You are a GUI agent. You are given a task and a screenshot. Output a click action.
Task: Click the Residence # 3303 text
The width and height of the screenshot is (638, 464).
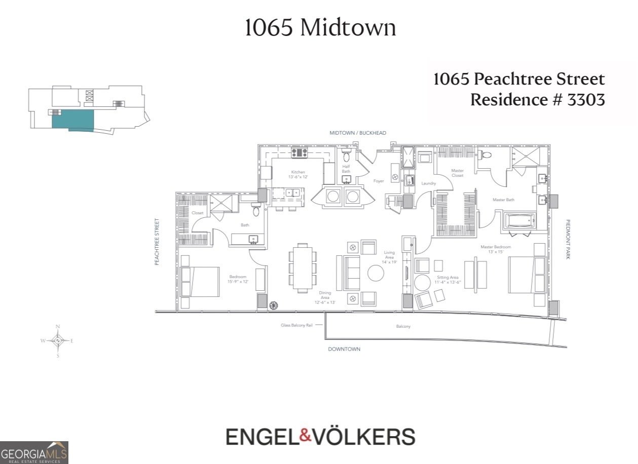537,100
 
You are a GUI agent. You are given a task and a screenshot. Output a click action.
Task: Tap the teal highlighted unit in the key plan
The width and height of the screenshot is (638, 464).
72,120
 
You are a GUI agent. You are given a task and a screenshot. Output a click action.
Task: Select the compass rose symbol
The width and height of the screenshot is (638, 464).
58,341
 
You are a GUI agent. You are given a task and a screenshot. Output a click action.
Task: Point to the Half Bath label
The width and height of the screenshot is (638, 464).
346,169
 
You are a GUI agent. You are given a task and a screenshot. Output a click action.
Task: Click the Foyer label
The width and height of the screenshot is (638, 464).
379,181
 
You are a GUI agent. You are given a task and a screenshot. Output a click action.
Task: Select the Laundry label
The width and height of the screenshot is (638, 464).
429,183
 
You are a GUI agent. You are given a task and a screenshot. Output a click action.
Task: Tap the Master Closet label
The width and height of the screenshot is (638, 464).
457,173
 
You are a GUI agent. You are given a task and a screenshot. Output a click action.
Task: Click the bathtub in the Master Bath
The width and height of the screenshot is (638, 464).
518,221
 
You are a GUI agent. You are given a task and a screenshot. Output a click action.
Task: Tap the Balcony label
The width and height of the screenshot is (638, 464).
403,327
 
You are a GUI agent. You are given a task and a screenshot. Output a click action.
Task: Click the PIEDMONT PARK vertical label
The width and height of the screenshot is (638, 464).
568,240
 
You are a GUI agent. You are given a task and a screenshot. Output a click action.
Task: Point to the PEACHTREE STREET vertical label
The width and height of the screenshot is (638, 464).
157,242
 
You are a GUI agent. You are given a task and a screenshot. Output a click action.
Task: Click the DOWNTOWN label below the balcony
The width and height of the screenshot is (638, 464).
344,349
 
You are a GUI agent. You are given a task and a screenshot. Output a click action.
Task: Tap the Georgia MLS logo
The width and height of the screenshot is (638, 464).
34,452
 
